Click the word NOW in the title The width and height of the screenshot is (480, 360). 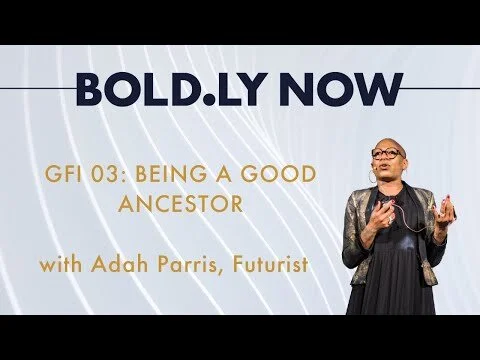pyautogui.click(x=340, y=90)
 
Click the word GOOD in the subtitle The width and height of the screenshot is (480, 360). pyautogui.click(x=282, y=175)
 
